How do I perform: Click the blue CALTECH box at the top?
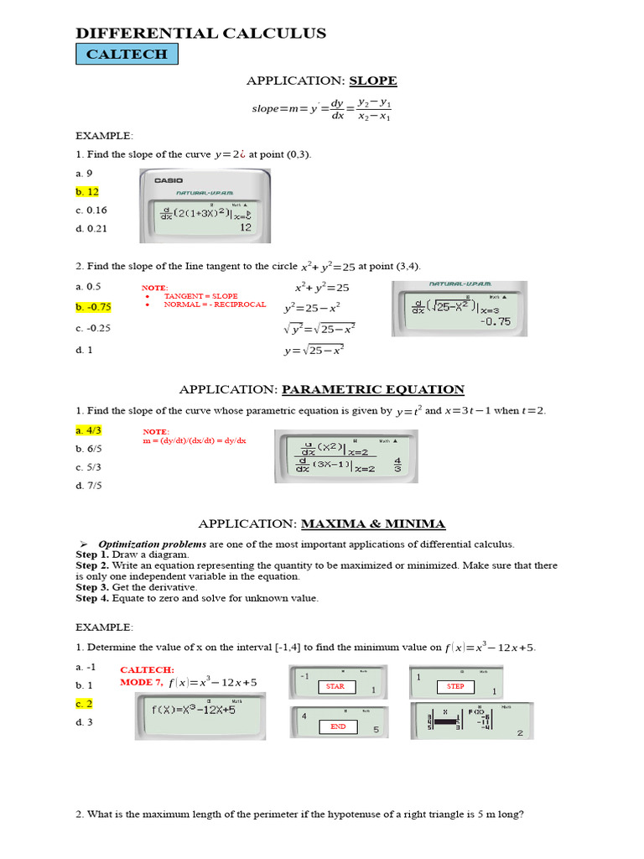pos(127,55)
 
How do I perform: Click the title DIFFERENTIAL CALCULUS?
pos(200,33)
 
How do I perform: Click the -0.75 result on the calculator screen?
pos(495,321)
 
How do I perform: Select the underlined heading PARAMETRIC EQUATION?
pos(372,389)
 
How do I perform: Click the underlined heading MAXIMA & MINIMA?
pos(373,523)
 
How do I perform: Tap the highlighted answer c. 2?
pos(84,704)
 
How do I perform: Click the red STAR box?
pos(335,686)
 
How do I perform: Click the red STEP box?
pos(455,686)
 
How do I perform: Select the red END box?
pos(338,726)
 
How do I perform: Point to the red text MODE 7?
pos(142,682)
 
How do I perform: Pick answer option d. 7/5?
pos(88,485)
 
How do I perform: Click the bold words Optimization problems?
pos(153,544)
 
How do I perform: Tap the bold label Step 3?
pos(92,587)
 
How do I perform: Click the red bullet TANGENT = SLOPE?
pos(200,296)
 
